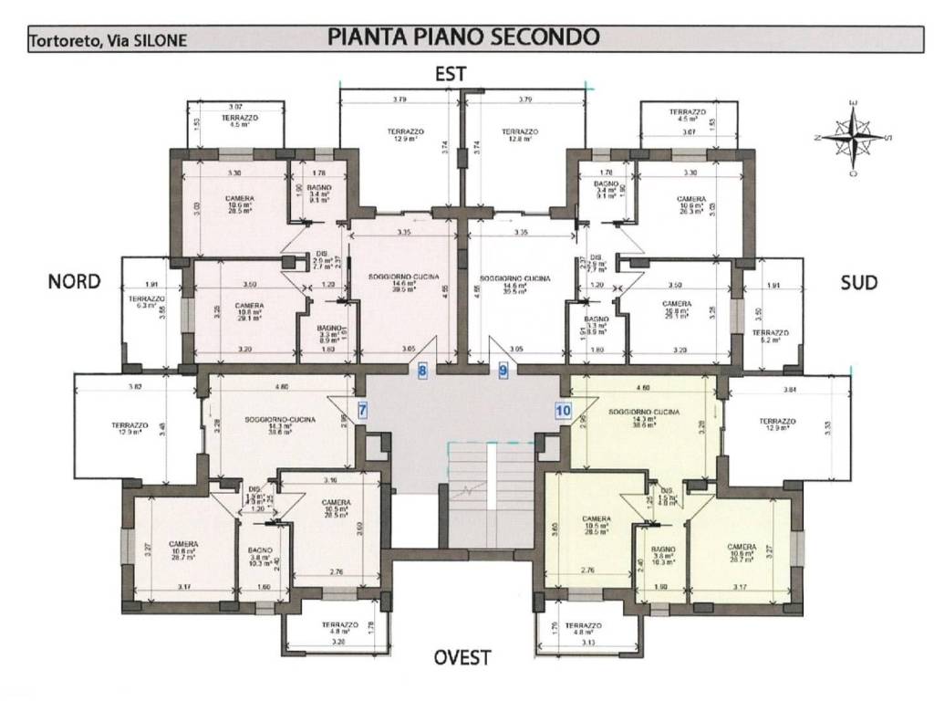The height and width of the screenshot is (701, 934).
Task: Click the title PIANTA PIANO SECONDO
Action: click(x=462, y=37)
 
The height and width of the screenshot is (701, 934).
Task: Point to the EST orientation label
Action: click(x=451, y=75)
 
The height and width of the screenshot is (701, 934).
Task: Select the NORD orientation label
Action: click(x=74, y=283)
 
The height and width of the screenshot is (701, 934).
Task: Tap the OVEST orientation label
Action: click(x=462, y=657)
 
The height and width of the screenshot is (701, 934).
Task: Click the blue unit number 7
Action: click(x=362, y=410)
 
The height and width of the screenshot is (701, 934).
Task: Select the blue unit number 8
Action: click(x=422, y=371)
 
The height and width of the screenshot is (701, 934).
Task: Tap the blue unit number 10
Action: click(x=563, y=410)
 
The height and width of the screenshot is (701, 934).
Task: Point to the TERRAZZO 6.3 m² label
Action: click(x=146, y=303)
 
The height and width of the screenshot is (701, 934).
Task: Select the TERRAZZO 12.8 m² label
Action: click(x=520, y=135)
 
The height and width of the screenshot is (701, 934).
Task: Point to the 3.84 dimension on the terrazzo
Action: click(x=790, y=391)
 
